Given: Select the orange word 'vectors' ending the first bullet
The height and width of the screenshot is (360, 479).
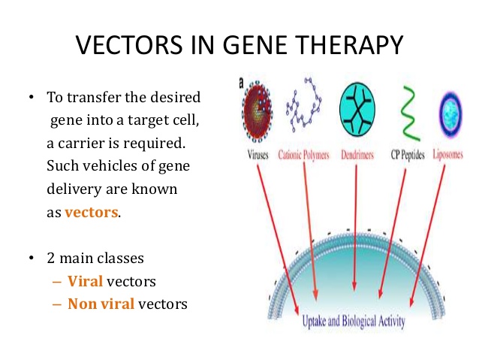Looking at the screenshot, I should coord(92,212).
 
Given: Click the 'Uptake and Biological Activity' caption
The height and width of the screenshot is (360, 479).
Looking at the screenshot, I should coord(354,322).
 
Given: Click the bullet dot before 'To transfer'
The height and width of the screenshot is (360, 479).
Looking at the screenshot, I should coord(31,99).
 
